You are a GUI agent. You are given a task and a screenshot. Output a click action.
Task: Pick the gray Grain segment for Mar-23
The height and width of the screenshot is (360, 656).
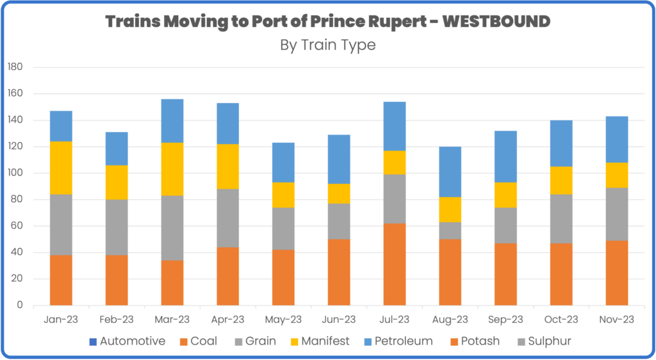(x=172, y=227)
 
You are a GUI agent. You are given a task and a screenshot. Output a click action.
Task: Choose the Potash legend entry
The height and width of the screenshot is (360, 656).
(x=477, y=341)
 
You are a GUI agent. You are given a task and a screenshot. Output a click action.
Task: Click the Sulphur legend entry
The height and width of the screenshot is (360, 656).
(x=548, y=341)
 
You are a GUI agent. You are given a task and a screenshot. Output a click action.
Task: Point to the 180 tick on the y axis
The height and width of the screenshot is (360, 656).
(x=15, y=67)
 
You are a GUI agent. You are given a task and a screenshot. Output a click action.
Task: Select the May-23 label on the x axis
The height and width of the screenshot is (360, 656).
(x=283, y=318)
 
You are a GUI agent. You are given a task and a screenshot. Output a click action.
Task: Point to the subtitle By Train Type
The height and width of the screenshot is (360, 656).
(x=327, y=45)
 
